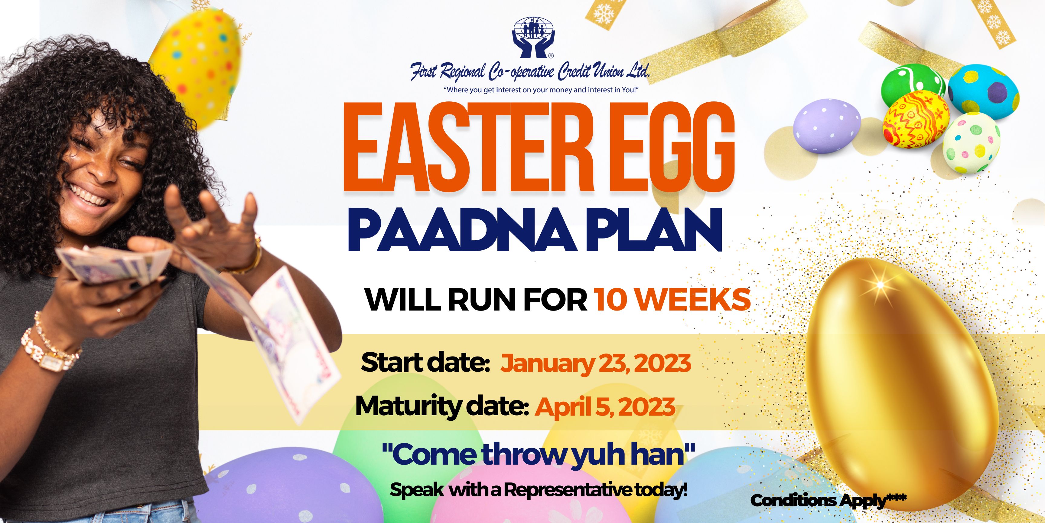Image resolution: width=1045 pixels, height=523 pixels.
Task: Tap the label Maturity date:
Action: point(442,407)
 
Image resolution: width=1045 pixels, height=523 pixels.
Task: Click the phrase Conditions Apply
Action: point(817,501)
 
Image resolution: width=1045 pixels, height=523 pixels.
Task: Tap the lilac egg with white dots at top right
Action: point(827,126)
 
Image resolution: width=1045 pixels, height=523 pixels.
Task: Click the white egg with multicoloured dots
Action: point(972,142)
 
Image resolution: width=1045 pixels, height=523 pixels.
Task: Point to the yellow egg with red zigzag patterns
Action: point(916,119)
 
